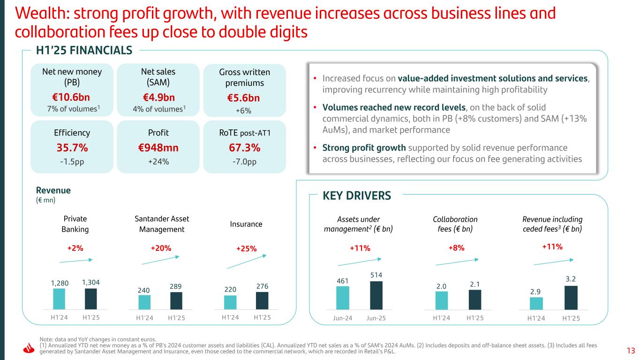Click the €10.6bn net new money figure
coord(71,97)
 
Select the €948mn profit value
coord(158,148)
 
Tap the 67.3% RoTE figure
coord(244,148)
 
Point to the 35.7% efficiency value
coord(72,148)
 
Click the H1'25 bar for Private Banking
coord(91,299)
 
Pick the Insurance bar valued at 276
coord(262,300)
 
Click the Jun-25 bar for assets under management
coord(376,295)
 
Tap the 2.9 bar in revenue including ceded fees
coord(536,303)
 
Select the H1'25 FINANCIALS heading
coord(84,50)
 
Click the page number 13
coord(630,351)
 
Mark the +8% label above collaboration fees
coord(456,248)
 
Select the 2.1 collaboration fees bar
coord(474,300)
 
